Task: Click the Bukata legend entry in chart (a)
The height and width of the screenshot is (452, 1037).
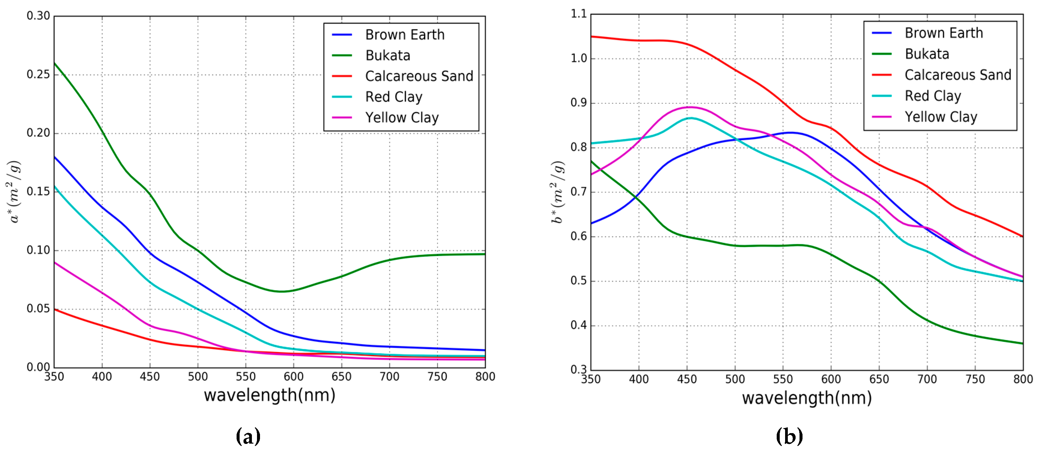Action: pos(387,55)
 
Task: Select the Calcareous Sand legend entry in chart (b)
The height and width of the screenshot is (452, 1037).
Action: pos(957,75)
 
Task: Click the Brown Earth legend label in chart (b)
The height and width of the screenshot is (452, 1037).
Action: pos(943,33)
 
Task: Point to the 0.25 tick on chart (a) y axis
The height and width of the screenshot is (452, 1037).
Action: pos(38,74)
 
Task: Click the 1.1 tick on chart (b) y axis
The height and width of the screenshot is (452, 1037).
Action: pos(579,14)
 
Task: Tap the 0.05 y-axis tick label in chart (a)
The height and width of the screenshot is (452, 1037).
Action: pos(38,308)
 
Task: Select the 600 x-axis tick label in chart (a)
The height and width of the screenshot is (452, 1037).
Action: pos(293,377)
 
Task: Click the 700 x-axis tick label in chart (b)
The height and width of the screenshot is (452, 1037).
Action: pos(927,379)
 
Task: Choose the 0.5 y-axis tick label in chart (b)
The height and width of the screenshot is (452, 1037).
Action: pos(579,281)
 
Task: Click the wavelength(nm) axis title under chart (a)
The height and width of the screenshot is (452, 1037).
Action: pos(269,395)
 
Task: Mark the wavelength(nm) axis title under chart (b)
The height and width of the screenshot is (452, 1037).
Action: pos(806,398)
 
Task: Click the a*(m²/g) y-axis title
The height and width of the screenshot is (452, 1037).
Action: pos(14,192)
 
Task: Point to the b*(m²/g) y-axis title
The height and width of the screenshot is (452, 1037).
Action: pos(558,192)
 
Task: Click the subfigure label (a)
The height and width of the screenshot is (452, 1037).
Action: pos(248,436)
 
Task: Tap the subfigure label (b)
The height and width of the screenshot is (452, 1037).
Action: pos(789,436)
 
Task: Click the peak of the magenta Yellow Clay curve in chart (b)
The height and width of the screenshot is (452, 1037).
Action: pos(690,107)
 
